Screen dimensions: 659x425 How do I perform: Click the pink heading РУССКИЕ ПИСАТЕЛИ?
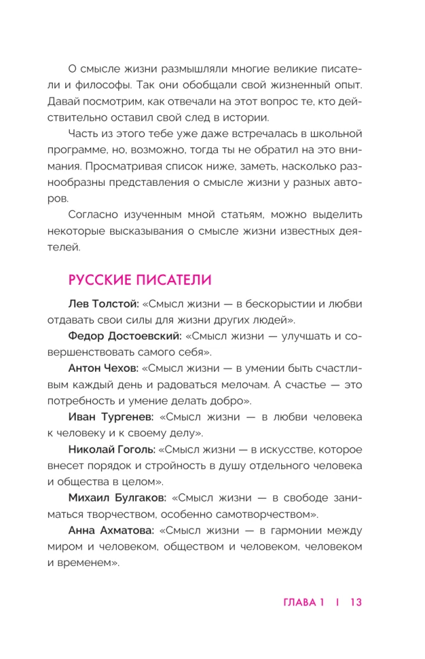(139, 279)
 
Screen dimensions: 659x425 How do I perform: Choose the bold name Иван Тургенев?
(110, 417)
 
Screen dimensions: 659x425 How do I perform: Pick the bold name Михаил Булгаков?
(115, 498)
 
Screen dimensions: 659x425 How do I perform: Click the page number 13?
(356, 602)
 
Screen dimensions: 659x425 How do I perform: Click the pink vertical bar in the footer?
(337, 602)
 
